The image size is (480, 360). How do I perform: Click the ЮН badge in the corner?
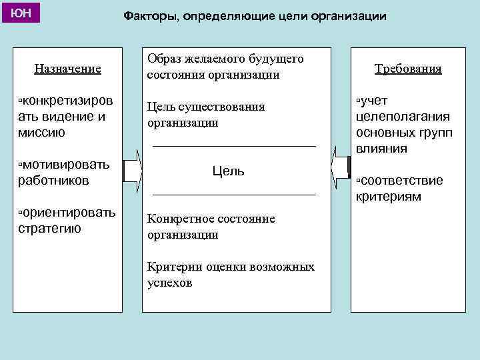(x=20, y=13)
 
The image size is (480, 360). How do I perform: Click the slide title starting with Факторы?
(x=255, y=15)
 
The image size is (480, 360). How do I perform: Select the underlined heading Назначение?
(x=67, y=68)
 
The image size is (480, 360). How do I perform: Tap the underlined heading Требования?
(x=408, y=69)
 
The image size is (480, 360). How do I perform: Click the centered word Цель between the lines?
(x=228, y=171)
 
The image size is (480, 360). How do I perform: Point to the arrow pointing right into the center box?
(x=133, y=171)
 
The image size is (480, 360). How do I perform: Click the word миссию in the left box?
(x=41, y=132)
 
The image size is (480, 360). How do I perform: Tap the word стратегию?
(x=49, y=228)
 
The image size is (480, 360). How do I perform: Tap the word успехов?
(x=169, y=283)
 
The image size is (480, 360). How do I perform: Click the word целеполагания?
(x=403, y=116)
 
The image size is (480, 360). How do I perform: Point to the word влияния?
(x=381, y=148)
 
